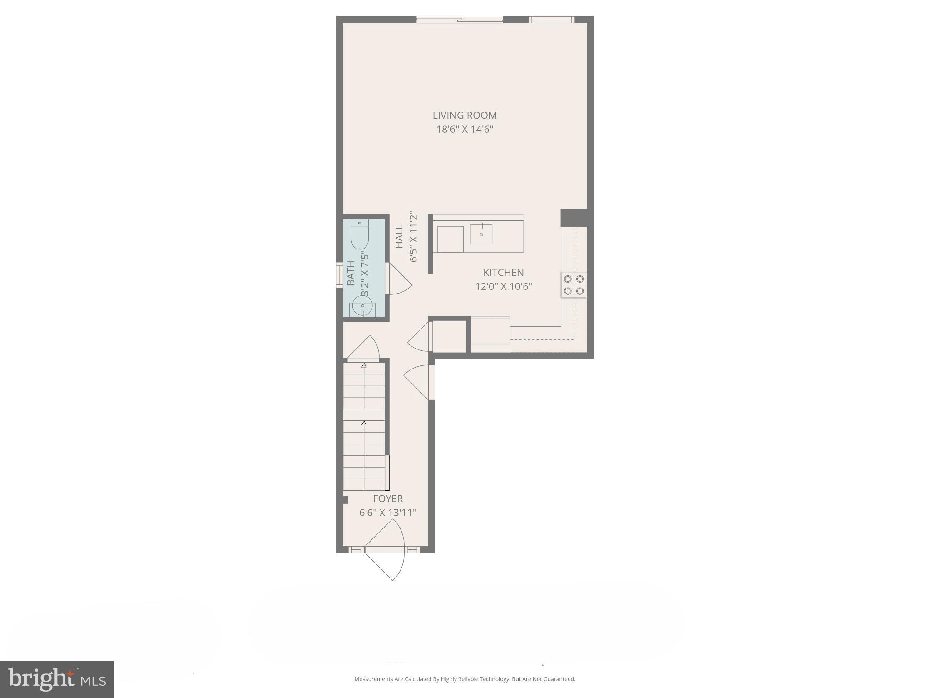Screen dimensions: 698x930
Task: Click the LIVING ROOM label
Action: point(465,115)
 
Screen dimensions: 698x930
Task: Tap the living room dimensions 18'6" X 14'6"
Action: point(465,130)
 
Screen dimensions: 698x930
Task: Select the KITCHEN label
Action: point(503,273)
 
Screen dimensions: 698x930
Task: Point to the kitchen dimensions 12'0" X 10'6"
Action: point(503,287)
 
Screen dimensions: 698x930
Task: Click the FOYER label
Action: point(388,499)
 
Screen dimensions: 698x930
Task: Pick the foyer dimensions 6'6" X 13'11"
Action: point(388,513)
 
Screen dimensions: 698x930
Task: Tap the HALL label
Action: point(399,237)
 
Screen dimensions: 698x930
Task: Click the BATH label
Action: point(351,273)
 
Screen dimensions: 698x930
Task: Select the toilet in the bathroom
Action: point(360,234)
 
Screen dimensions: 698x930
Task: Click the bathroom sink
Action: point(362,305)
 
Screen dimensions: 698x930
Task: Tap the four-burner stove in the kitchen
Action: point(574,285)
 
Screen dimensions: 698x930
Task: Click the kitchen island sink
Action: point(481,234)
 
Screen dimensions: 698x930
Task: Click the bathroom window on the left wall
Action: point(339,275)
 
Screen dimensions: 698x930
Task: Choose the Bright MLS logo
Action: point(57,679)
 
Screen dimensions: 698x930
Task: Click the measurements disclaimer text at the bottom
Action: point(465,679)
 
